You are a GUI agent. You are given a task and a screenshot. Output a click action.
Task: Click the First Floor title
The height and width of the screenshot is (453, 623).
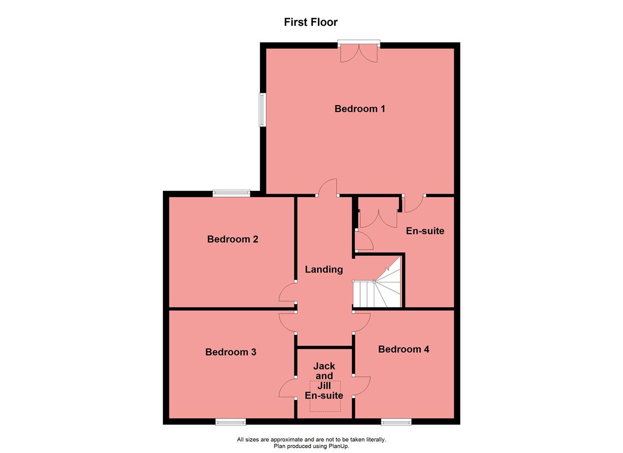pos(311,22)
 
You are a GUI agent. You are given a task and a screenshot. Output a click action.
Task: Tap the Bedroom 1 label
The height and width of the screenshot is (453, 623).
pos(360,109)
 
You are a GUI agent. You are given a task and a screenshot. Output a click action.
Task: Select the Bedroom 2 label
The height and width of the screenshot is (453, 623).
pos(233,239)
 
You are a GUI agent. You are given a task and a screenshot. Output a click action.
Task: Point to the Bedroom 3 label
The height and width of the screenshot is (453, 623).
pos(231,352)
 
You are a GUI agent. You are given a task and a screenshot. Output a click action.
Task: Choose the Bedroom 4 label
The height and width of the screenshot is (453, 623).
pos(403,349)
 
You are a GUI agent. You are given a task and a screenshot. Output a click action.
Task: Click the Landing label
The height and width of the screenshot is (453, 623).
pos(324,270)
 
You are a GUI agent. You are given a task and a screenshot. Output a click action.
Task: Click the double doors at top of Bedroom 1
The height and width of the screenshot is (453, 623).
pos(359,53)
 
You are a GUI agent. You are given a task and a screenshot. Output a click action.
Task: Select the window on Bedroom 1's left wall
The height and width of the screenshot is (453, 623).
pos(262,109)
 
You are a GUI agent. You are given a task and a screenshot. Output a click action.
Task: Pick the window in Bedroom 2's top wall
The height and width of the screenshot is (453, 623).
pos(231,194)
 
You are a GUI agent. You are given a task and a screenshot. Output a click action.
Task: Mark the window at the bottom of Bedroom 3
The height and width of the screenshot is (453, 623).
pos(231,422)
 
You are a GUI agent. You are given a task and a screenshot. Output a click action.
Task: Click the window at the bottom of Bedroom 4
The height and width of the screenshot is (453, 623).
pos(396,422)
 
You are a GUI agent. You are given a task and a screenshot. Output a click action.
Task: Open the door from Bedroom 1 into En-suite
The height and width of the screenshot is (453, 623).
pos(413,203)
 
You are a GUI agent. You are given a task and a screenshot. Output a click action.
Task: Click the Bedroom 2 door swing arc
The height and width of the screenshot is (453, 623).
pos(288,293)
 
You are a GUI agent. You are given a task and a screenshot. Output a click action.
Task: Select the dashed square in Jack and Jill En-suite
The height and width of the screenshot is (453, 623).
pos(325,396)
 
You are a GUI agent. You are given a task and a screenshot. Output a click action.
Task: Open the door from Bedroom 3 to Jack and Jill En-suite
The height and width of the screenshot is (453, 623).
pos(288,388)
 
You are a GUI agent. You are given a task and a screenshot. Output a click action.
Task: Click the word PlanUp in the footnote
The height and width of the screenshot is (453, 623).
pos(338,446)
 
